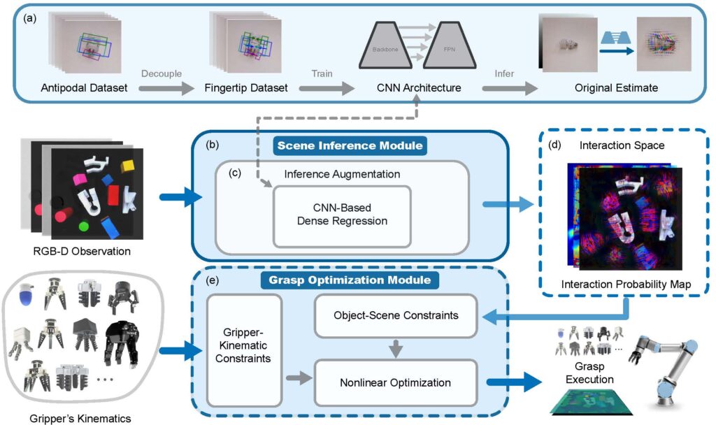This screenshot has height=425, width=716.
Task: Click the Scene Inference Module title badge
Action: coord(350,145)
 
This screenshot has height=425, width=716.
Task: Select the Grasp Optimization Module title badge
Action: coord(350,280)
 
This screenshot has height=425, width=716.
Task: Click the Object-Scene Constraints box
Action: coord(396,315)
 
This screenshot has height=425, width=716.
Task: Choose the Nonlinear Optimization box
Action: coord(396,382)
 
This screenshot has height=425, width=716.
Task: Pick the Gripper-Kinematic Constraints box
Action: coord(243,350)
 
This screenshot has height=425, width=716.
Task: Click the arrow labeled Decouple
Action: coord(166,88)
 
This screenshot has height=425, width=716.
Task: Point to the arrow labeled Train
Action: coord(327,88)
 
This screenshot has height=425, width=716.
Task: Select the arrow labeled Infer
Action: coord(510,88)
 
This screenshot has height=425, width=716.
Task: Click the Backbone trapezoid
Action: coord(385,45)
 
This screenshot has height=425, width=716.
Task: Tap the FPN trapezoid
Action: coord(450,45)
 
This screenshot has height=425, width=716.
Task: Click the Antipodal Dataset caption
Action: coord(84,87)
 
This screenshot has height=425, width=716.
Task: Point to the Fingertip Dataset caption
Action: coord(246,87)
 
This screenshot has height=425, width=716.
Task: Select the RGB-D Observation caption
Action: coord(82,251)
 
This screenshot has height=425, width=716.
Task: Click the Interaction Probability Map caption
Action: coord(626,284)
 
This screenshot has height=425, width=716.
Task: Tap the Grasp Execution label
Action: coord(589,373)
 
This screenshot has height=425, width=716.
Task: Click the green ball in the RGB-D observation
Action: coord(84,226)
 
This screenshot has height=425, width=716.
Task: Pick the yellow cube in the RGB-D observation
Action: coord(127,166)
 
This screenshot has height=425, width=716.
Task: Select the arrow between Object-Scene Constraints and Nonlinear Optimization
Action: coord(396,349)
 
